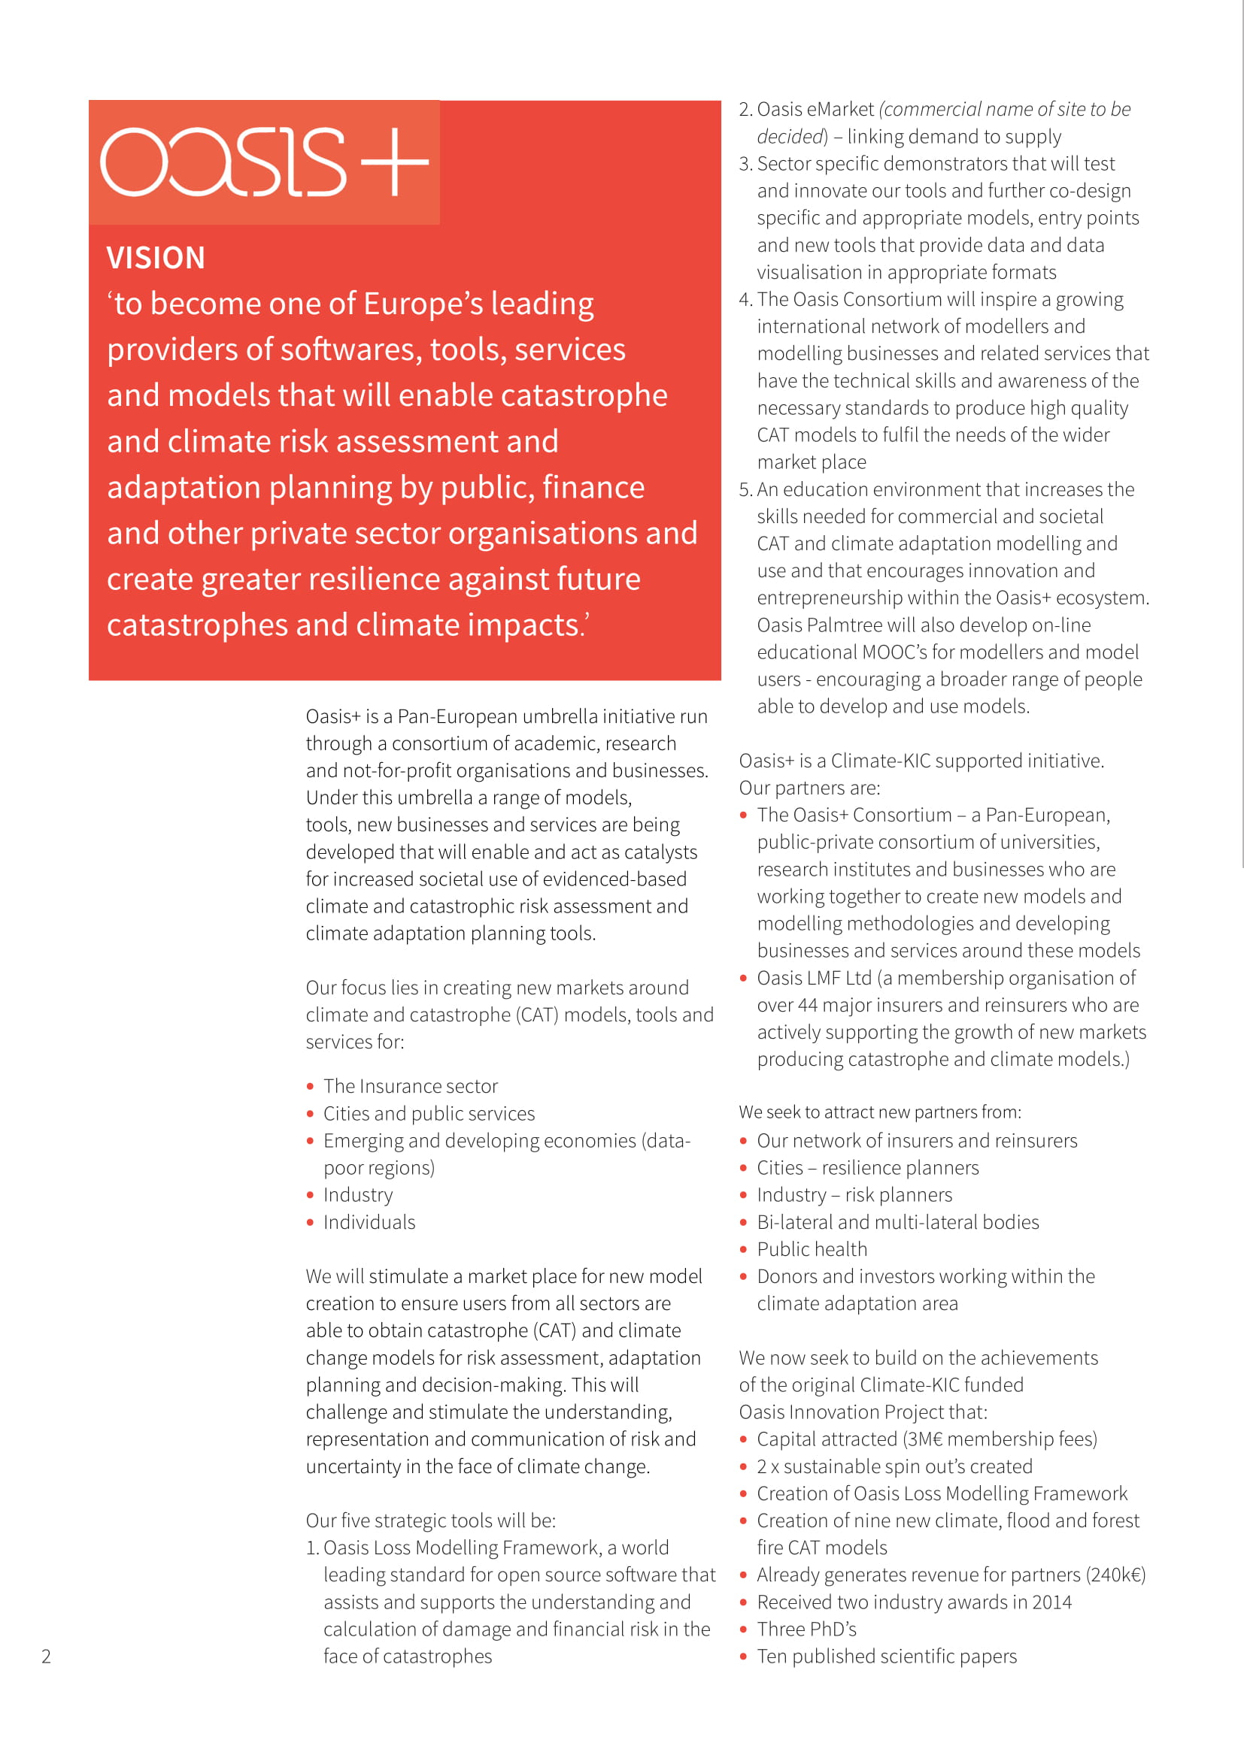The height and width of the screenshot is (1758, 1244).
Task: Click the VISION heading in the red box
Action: (156, 258)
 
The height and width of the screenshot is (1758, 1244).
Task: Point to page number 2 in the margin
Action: (46, 1657)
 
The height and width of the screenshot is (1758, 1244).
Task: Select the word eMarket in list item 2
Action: (839, 110)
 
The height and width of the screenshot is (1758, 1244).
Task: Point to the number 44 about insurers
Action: (807, 1006)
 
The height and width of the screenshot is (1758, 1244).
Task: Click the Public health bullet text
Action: (812, 1250)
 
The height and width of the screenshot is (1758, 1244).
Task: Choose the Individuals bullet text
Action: (369, 1223)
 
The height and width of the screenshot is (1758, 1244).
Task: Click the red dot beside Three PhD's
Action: (743, 1630)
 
